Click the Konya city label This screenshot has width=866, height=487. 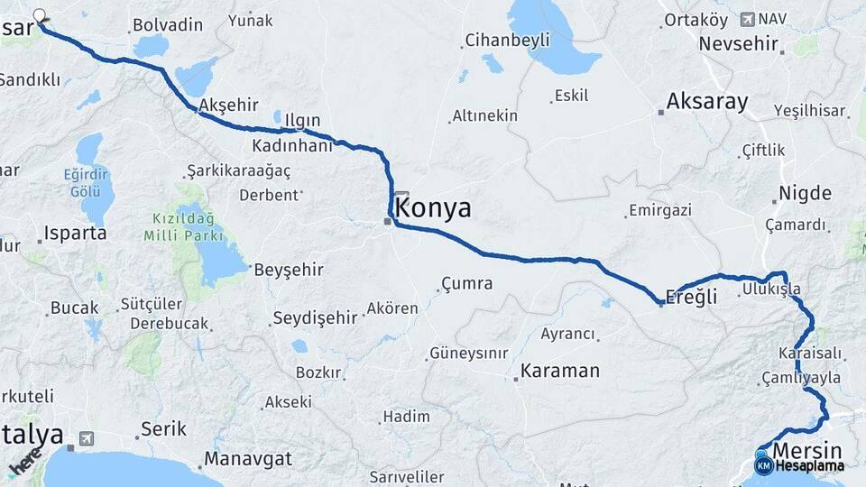point(433,208)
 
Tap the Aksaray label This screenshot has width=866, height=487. point(707,102)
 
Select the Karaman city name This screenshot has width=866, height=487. point(560,371)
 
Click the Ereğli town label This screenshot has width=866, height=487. point(690,296)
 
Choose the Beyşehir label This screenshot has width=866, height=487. point(288,270)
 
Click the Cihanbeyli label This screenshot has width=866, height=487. point(506,41)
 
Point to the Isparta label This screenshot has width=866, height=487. point(76,233)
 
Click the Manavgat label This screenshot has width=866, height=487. point(247,459)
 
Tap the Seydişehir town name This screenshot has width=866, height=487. point(315,317)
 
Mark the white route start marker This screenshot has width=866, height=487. point(40,15)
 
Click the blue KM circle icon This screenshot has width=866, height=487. point(764,466)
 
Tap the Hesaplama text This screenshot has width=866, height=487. point(808,466)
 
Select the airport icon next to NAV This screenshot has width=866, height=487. point(747,19)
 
